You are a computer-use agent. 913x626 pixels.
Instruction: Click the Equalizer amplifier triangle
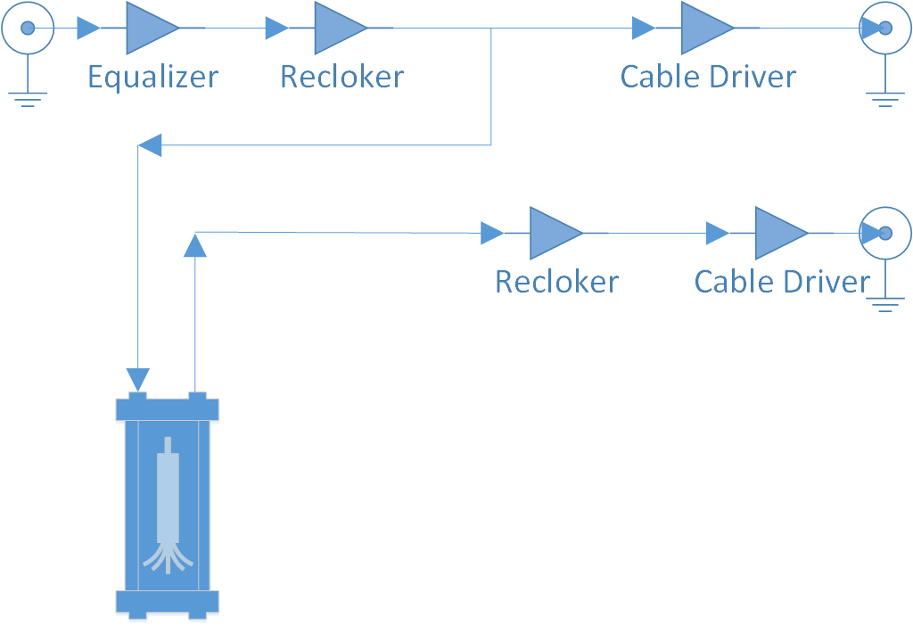tap(149, 28)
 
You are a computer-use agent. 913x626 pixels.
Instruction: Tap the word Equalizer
tap(152, 77)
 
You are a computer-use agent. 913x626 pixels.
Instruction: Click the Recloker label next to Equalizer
tap(341, 77)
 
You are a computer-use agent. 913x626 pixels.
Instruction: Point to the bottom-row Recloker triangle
tap(552, 234)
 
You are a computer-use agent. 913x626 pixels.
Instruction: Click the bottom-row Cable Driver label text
tap(782, 282)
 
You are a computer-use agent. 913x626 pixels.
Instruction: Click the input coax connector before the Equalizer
tap(28, 28)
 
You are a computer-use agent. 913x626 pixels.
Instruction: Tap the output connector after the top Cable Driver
tap(884, 28)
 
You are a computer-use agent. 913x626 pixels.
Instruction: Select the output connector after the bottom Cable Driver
tap(884, 234)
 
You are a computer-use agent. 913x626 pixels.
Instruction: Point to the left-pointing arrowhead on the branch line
tap(150, 145)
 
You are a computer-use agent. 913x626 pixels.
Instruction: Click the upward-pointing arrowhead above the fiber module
tap(194, 244)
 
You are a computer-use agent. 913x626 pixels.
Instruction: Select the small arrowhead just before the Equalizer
tap(88, 29)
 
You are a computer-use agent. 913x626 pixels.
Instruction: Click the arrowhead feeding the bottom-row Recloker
tap(491, 234)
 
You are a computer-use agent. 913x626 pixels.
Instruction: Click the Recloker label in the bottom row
tap(556, 282)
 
